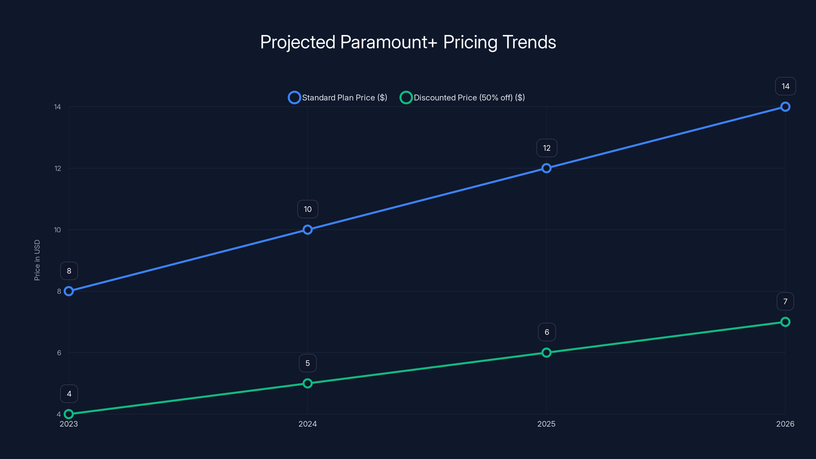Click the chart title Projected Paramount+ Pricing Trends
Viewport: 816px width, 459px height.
point(408,42)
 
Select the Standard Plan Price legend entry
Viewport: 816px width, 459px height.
point(338,98)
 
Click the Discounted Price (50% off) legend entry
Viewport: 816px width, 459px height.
point(463,98)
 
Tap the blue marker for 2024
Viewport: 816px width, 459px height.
point(307,230)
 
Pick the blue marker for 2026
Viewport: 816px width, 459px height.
point(785,107)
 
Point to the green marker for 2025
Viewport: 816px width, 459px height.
point(546,353)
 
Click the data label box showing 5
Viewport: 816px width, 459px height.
point(307,363)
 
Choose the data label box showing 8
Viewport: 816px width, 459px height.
point(69,271)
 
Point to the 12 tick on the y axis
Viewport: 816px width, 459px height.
point(58,169)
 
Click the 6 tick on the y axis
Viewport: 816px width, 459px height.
point(59,353)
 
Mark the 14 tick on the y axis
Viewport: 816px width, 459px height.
point(57,107)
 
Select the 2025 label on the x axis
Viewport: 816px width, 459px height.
point(546,424)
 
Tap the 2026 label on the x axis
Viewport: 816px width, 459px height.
point(785,424)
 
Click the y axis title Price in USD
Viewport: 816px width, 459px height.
point(37,260)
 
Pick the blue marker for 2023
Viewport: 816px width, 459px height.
point(69,291)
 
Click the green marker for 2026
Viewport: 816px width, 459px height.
point(785,322)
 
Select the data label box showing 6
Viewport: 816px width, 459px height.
point(546,332)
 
